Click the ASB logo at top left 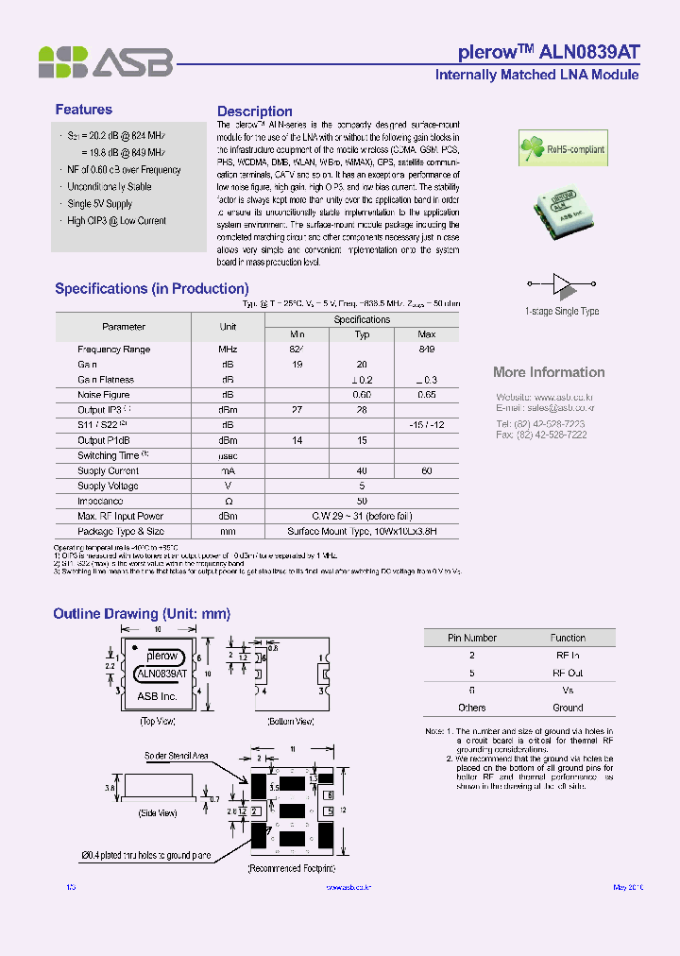(105, 61)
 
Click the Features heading (83, 110)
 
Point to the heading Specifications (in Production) (151, 288)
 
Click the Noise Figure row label (104, 395)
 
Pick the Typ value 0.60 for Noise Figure (361, 395)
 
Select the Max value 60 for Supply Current (426, 470)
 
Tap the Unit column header (228, 327)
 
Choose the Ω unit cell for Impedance (228, 501)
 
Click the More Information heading (549, 372)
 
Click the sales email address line (545, 407)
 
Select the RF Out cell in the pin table (568, 673)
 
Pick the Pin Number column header (471, 638)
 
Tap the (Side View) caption (158, 812)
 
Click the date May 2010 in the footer (627, 887)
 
